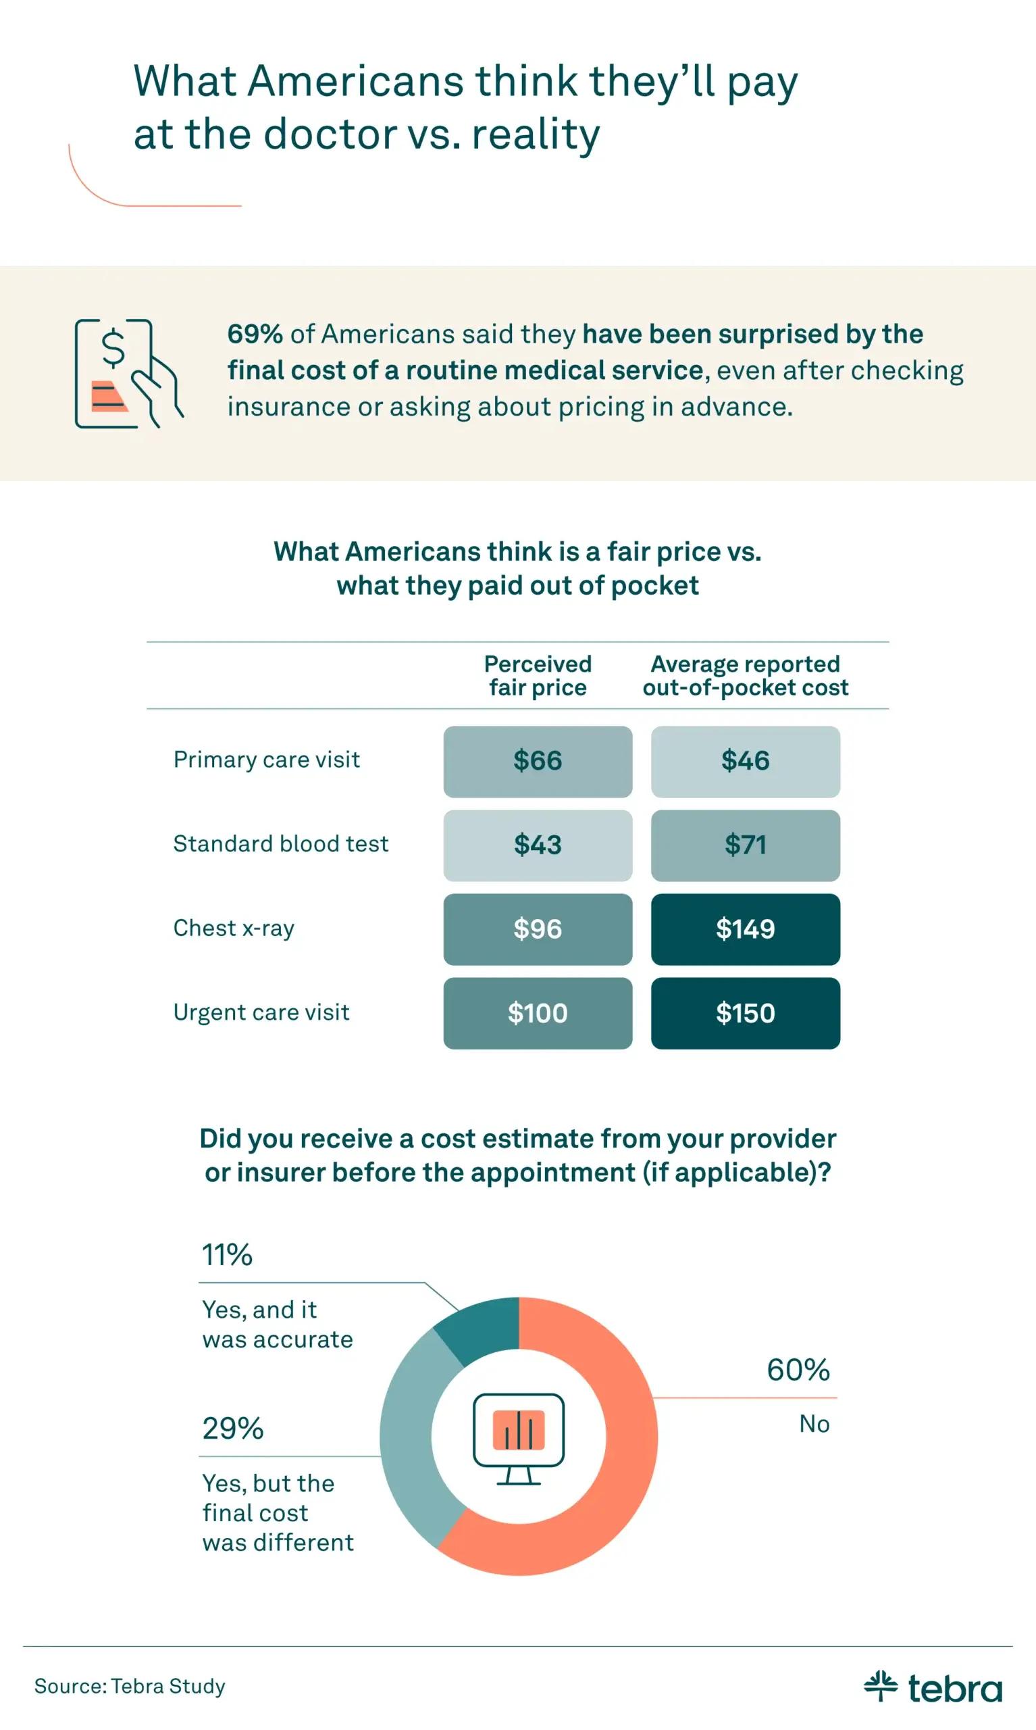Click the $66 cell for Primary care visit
538,762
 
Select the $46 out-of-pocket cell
745,762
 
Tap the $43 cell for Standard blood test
538,845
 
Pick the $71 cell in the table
745,845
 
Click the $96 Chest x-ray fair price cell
538,929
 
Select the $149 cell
745,929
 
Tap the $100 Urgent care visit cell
538,1013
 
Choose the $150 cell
745,1013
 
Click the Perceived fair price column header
538,675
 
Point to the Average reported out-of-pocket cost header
745,675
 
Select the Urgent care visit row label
261,1012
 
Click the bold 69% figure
255,334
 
